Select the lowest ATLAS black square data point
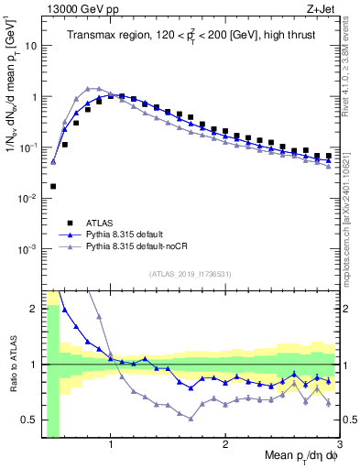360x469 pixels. (53, 186)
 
